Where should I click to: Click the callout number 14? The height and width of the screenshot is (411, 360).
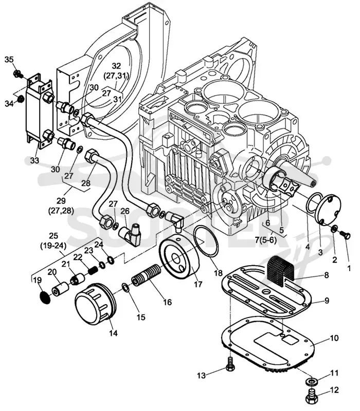(113, 333)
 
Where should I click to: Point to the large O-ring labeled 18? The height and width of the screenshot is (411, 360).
(206, 241)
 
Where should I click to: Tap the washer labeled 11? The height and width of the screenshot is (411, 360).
(311, 380)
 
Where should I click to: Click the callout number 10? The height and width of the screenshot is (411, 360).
(334, 338)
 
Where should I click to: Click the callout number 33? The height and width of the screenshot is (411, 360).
(34, 160)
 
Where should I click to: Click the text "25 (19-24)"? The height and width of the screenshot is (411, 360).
(53, 240)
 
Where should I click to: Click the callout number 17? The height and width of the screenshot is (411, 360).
(198, 284)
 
